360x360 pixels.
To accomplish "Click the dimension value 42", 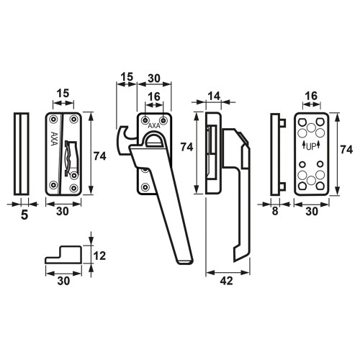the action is (x=226, y=281).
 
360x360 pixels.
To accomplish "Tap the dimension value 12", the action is (x=99, y=256).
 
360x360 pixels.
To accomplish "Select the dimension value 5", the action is (x=24, y=215).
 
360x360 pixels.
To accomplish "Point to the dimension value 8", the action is (x=275, y=211).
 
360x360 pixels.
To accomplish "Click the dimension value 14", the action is (x=214, y=96).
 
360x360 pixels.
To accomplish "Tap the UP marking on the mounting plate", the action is (x=311, y=146).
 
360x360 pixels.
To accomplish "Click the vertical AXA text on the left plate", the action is (x=54, y=138).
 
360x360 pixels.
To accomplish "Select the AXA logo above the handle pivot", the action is (x=154, y=125).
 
